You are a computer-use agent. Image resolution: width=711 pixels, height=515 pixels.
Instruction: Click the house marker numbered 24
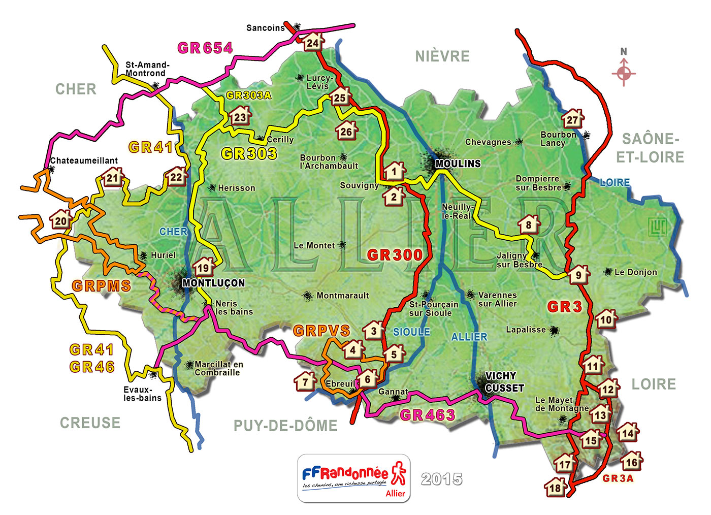pos(313,42)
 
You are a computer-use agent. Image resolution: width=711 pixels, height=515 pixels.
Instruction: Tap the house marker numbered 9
pos(578,275)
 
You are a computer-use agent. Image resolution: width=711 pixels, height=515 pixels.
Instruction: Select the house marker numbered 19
pos(203,267)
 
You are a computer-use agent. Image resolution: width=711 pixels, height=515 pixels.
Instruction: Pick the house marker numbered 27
pos(572,119)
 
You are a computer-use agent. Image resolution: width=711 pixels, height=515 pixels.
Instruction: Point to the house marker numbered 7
pos(305,381)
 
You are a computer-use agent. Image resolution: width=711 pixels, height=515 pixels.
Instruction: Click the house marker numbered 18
pos(555,488)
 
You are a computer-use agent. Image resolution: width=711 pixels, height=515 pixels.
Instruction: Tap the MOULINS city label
pos(458,164)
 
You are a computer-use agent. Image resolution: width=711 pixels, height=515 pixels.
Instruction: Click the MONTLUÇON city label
pos(213,283)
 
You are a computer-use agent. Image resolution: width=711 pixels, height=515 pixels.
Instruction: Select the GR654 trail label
pos(205,48)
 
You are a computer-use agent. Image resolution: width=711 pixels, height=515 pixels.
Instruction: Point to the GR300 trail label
pos(395,255)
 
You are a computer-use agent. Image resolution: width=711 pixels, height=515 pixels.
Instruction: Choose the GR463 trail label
pos(427,415)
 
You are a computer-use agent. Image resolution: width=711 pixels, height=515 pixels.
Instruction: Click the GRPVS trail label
pos(321,331)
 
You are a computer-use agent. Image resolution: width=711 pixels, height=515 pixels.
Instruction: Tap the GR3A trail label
pos(618,478)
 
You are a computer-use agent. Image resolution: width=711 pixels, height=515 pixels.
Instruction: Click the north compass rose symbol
pos(624,73)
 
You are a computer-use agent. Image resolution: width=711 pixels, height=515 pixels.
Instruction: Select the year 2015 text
pos(442,479)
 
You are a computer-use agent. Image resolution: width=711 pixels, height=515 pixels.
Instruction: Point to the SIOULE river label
pos(411,332)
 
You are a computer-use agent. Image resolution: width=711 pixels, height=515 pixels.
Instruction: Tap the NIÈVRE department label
pos(442,56)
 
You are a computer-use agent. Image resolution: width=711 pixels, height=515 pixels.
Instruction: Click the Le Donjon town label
pos(635,272)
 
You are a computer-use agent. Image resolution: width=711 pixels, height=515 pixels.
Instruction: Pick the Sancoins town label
pos(266,28)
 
